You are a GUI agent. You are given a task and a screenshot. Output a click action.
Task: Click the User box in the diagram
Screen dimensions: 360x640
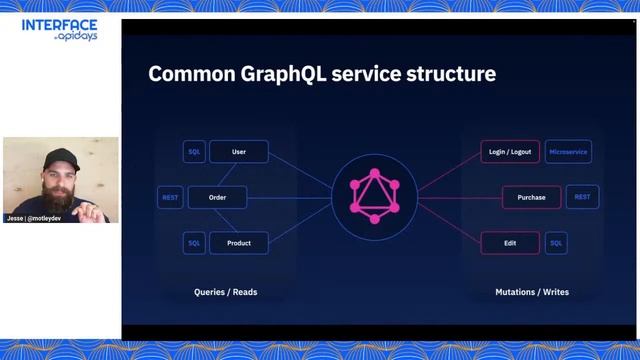(x=239, y=152)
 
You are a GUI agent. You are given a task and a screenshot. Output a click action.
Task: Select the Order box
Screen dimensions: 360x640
(x=217, y=197)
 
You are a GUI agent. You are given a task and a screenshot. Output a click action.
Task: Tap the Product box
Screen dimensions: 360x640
(x=239, y=242)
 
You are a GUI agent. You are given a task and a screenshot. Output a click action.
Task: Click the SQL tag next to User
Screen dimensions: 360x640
(x=195, y=152)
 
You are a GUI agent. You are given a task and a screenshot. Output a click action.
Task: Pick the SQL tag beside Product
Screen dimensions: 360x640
(x=195, y=242)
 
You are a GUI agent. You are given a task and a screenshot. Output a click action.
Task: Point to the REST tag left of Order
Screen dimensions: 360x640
(x=170, y=197)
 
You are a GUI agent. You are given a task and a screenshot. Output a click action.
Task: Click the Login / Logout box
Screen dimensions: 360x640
(x=510, y=152)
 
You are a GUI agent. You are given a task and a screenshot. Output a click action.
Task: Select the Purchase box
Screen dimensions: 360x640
(x=531, y=197)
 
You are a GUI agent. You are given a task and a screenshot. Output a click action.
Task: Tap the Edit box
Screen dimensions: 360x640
(x=510, y=242)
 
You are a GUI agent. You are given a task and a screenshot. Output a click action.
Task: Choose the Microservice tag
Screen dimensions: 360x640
(x=568, y=152)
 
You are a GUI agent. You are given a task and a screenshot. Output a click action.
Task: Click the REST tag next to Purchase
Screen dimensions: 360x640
(x=582, y=197)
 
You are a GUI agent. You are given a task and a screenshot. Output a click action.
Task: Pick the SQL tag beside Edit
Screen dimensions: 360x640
(x=556, y=242)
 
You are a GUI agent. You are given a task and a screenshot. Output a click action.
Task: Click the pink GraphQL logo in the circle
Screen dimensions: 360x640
(x=374, y=196)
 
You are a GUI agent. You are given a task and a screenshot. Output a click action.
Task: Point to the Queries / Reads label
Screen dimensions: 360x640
(x=225, y=292)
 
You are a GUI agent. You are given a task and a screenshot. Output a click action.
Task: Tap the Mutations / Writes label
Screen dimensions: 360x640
(x=532, y=292)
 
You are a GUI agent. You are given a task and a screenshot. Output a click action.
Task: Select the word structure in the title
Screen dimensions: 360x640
(x=448, y=74)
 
